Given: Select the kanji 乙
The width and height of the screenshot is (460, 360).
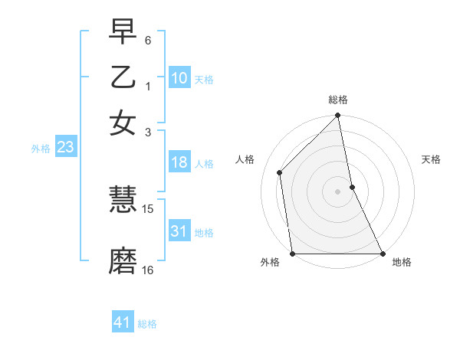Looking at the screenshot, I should point(123,78).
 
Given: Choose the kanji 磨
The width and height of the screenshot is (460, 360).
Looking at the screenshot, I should point(123,260).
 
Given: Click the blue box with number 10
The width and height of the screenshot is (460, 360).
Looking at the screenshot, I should point(179,78).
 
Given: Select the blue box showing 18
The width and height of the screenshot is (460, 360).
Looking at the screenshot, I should point(179,162).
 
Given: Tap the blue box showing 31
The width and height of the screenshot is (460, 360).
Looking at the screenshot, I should point(179,231).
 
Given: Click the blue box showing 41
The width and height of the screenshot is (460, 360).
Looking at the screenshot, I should point(123,322).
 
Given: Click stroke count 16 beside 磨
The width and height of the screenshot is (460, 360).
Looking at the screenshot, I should point(148,270).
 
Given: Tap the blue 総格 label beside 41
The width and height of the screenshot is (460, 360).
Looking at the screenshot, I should point(147,324).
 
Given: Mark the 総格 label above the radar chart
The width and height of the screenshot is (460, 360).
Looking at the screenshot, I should point(338,100).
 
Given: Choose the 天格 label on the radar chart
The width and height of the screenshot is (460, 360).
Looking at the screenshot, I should point(432,159).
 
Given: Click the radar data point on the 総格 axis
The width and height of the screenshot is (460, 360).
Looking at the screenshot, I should point(338,116).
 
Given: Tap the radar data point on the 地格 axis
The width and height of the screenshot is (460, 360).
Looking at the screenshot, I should point(382,254).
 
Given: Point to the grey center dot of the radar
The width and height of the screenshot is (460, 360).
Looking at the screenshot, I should point(338,191).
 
